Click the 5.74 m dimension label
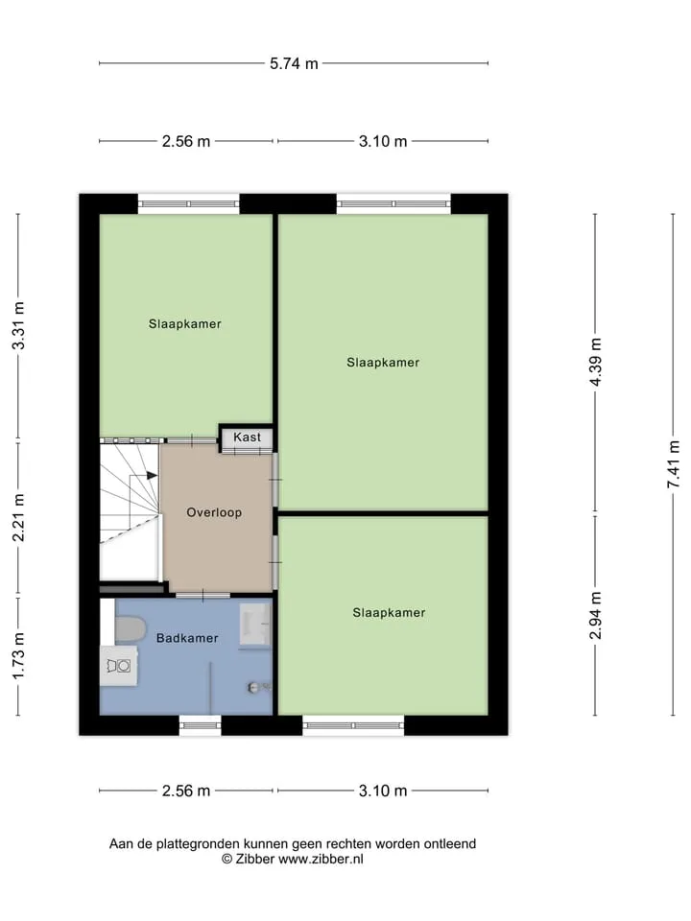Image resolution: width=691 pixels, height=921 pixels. pos(294,63)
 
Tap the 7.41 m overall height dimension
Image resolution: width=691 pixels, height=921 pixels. pos(674,464)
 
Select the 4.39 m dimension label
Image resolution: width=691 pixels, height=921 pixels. pos(595,362)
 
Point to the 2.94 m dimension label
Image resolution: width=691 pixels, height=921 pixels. pos(595,615)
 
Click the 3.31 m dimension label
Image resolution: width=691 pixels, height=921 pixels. pos(18,325)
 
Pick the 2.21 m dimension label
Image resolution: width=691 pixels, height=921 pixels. pos(18,517)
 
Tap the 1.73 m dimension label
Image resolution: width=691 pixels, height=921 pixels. pos(18,656)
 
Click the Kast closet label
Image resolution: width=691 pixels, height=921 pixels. pos(247,437)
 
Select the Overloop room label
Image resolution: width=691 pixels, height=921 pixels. pos(214,512)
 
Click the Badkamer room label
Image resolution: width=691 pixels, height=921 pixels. pos(187,638)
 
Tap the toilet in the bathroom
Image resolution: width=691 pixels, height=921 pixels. pos(130,629)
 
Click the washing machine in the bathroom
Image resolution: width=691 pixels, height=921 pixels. pos(119,666)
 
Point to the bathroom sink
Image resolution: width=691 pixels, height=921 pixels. pos(254,626)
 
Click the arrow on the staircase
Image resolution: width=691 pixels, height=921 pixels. pos(144,475)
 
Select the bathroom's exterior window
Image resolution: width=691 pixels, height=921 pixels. pos(200,725)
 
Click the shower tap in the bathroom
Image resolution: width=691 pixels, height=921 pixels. pos(258,687)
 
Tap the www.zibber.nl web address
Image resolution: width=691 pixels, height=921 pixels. pos(321,859)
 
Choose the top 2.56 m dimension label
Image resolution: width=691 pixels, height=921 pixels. pos(186,142)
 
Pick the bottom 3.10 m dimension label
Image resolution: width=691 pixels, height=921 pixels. pos(383,791)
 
